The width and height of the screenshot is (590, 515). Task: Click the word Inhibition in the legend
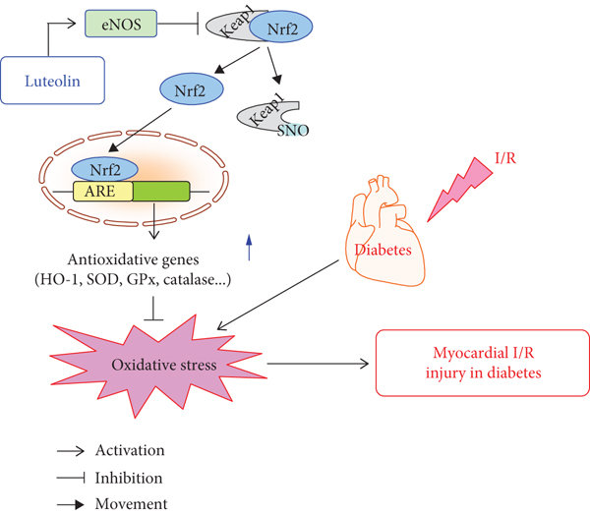pos(128,478)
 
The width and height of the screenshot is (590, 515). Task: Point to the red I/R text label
pos(501,158)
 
